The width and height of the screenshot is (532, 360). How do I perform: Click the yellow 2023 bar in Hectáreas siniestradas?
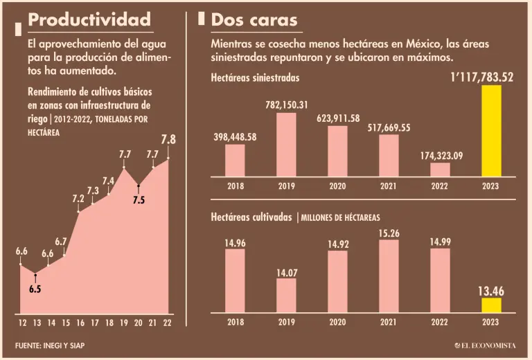point(491,131)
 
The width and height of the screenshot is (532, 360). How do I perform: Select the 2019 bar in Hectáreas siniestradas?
point(286,144)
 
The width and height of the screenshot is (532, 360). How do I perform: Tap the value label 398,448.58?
point(235,136)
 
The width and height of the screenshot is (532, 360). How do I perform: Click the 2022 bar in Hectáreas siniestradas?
point(440,169)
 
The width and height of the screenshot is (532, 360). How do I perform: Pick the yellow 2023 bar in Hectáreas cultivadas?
point(491,305)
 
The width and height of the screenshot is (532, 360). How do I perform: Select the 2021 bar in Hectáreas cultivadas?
point(389,276)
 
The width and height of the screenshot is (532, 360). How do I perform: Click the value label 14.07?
point(287,273)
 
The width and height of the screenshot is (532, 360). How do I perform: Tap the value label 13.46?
point(491,291)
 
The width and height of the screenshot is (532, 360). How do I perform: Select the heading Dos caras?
point(254,19)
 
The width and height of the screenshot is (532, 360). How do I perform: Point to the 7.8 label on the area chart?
point(168,140)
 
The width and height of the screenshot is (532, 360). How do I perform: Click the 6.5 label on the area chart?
point(35,289)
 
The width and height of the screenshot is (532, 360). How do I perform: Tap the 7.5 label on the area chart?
point(139,200)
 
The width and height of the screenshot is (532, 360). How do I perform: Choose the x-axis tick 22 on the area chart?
point(168,322)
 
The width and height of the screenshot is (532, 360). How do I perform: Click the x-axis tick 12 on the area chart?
point(22,322)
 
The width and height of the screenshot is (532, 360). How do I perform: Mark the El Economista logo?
point(486,345)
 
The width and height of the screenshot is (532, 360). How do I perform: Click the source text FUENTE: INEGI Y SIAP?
point(53,345)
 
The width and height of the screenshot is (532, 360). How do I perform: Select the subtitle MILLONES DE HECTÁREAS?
point(340,217)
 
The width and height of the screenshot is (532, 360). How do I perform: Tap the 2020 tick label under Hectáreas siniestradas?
point(337,185)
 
